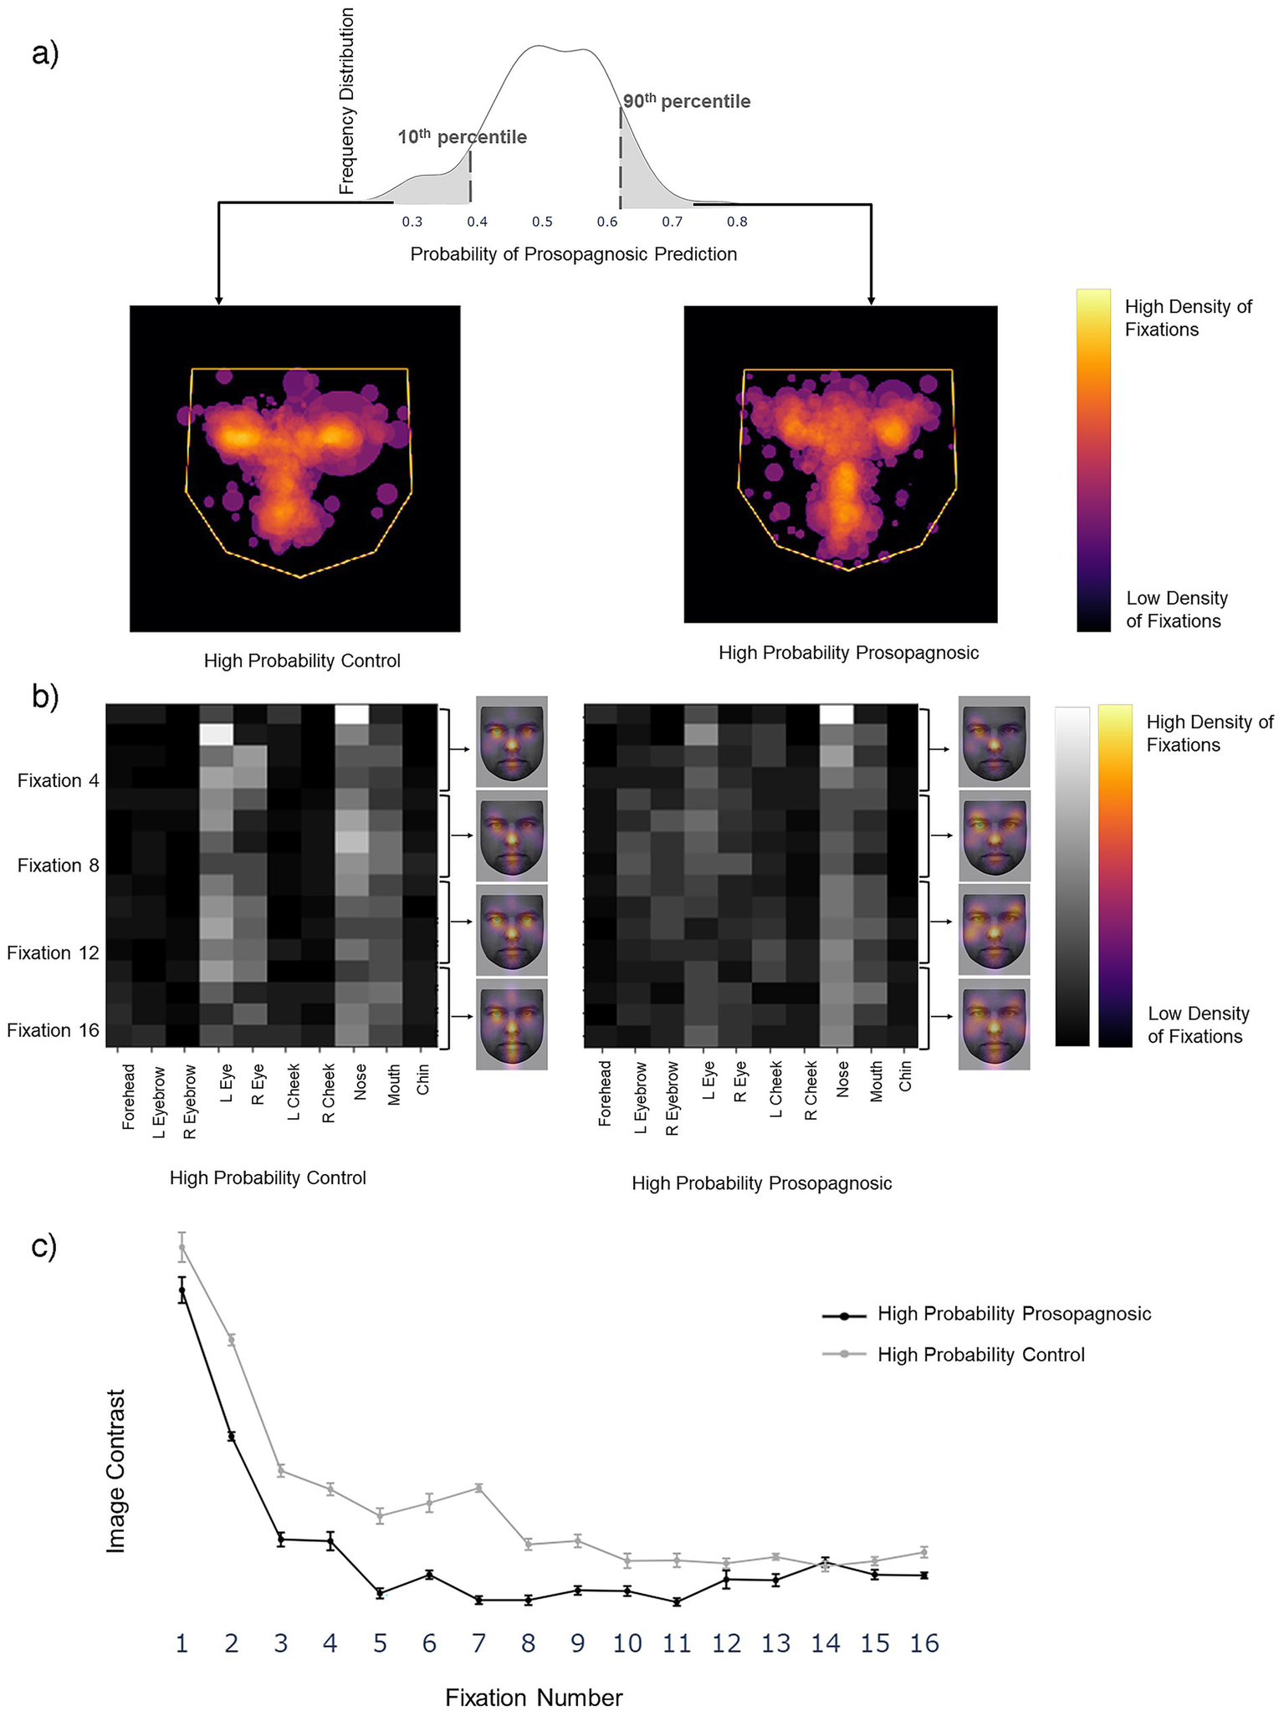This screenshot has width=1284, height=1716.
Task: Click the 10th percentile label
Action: click(x=462, y=137)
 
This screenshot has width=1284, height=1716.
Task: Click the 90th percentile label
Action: click(x=686, y=101)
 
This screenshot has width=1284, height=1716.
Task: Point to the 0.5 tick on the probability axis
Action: click(x=542, y=222)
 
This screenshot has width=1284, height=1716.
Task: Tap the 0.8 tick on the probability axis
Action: click(x=737, y=222)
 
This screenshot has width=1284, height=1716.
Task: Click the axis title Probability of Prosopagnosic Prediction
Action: click(x=573, y=254)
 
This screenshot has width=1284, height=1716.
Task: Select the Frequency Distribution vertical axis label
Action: click(x=347, y=100)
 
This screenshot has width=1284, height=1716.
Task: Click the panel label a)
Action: click(x=46, y=54)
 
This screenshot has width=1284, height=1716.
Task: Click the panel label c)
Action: click(x=44, y=1245)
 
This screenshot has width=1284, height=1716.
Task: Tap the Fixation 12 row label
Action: click(x=53, y=952)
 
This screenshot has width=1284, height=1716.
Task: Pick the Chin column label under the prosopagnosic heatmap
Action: click(x=906, y=1076)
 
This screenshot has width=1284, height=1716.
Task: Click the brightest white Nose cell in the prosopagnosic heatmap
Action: click(x=836, y=714)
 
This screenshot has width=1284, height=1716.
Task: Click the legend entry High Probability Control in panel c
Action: click(x=980, y=1354)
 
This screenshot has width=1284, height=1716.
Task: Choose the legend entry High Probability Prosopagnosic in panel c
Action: click(x=1014, y=1314)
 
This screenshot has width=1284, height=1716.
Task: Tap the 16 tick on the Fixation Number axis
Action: click(x=923, y=1644)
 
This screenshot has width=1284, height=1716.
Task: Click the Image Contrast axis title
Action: click(x=116, y=1471)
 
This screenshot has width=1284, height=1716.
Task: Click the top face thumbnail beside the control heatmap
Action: click(x=511, y=742)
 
